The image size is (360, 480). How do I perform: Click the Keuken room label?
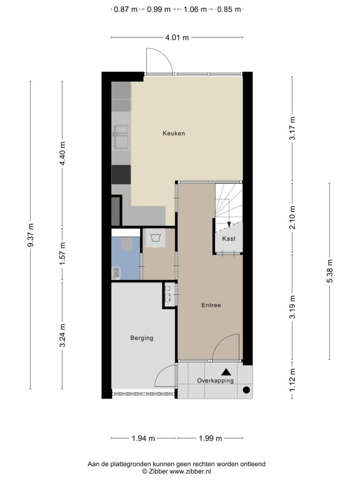[x=174, y=133]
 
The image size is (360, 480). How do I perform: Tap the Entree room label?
[x=211, y=305]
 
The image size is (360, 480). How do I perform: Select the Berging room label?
[x=142, y=338]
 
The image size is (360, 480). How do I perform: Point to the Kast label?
[x=229, y=239]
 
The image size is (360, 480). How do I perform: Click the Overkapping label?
[x=215, y=381]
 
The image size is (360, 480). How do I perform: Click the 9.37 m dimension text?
[x=30, y=235]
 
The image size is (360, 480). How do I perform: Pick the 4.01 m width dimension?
[x=177, y=37]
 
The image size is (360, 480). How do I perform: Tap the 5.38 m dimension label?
[x=330, y=271]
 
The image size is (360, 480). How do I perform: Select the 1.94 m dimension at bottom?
[x=143, y=438]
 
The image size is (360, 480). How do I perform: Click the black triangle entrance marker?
[x=226, y=372]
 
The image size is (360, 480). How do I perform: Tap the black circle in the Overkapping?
[x=246, y=390]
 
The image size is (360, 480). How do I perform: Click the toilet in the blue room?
[x=126, y=244]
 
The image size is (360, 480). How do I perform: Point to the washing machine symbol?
[x=156, y=238]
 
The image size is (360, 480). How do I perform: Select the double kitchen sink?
[x=121, y=136]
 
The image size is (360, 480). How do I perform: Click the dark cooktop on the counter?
[x=121, y=174]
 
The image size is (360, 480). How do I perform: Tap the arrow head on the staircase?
[x=229, y=224]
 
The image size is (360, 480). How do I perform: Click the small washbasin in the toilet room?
[x=116, y=272]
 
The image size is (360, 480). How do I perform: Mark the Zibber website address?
[x=191, y=471]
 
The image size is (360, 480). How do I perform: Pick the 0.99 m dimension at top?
[x=159, y=9]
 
